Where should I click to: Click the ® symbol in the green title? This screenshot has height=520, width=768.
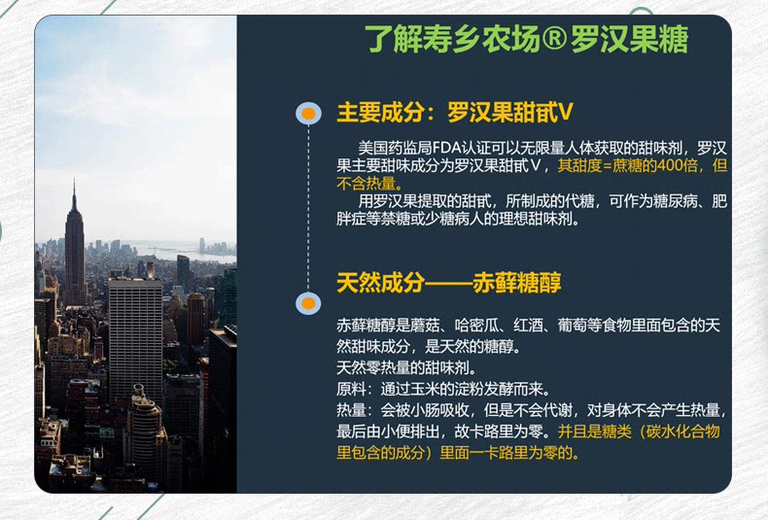[x=554, y=39]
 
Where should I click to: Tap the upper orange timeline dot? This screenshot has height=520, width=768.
[x=308, y=114]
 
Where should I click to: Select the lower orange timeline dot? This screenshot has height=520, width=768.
[x=308, y=303]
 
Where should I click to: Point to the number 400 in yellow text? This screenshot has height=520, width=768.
[x=672, y=165]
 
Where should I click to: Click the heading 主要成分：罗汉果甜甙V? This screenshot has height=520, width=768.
[x=455, y=113]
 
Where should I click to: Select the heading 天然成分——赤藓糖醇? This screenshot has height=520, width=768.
[x=449, y=283]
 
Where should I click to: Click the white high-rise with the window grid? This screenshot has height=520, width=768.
[x=135, y=338]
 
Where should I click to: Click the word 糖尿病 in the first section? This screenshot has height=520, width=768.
[x=675, y=201]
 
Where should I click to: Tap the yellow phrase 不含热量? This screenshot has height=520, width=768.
[x=366, y=184]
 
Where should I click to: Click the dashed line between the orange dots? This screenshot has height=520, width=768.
[x=308, y=209]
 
